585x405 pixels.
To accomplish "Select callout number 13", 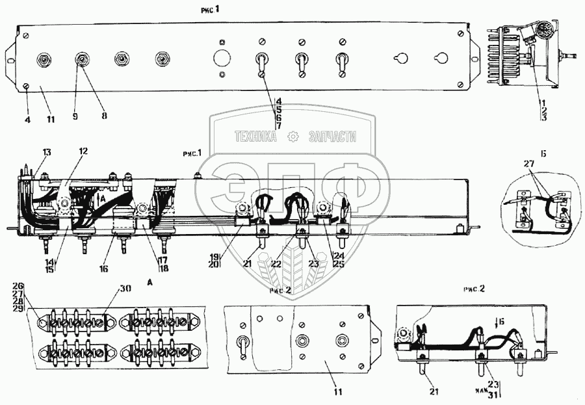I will coord(46,152).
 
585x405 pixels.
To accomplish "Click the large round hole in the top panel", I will coord(222,59).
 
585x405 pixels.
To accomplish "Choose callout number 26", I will coord(18,285).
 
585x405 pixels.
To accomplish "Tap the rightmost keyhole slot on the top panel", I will coord(441,59).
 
